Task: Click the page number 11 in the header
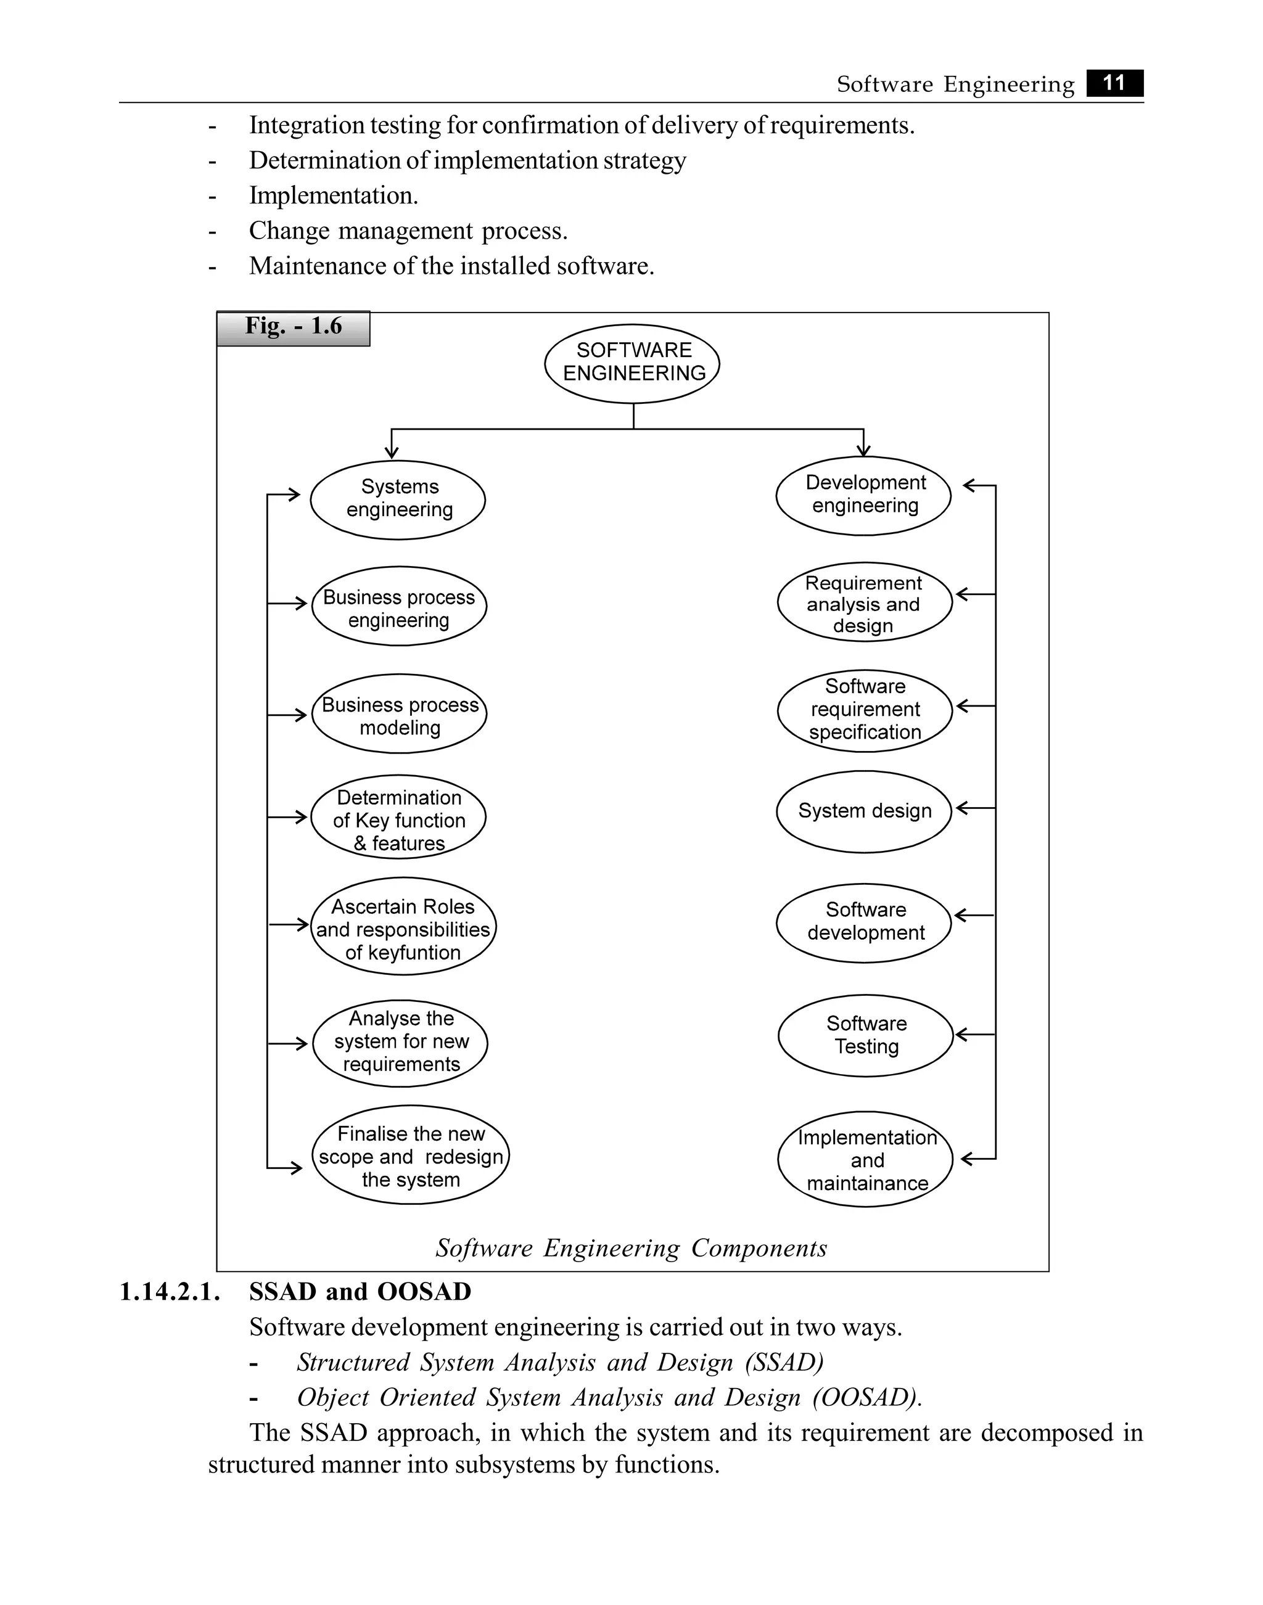(x=1114, y=83)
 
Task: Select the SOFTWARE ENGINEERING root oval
(x=632, y=363)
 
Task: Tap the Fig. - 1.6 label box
(x=294, y=327)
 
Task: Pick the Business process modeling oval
(x=399, y=714)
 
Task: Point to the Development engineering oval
(x=864, y=495)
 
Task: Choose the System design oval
(x=864, y=811)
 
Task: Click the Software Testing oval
(x=865, y=1035)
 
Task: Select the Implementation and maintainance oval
(x=865, y=1159)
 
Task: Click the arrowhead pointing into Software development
(x=960, y=916)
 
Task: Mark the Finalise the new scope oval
(x=410, y=1156)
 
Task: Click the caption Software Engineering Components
(x=631, y=1248)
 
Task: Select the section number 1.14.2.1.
(x=170, y=1292)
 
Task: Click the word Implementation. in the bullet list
(x=334, y=196)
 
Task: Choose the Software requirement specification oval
(x=865, y=710)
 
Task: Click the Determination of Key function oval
(x=398, y=818)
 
